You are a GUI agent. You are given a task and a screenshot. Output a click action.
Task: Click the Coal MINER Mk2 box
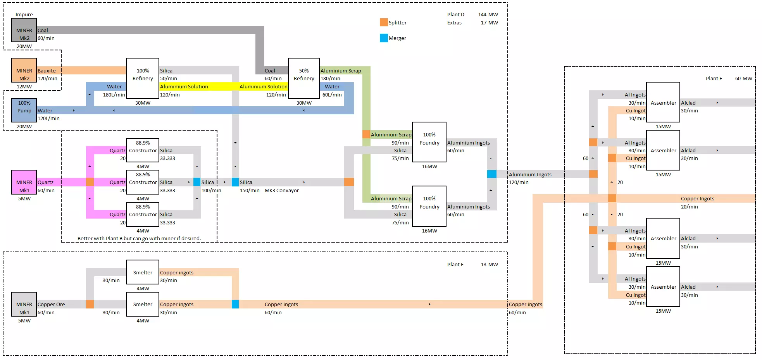click(x=24, y=30)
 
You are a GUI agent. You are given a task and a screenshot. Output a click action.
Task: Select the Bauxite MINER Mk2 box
click(x=24, y=70)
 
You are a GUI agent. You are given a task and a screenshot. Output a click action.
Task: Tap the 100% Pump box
click(x=24, y=110)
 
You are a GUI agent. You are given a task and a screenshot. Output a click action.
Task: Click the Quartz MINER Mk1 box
click(x=24, y=182)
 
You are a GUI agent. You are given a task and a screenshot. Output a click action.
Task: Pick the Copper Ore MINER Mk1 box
click(x=24, y=304)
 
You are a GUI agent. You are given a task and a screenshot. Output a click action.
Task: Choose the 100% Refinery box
click(x=143, y=78)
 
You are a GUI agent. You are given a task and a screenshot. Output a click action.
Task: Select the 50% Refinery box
click(x=304, y=78)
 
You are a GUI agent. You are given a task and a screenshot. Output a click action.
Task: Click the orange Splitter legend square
click(x=384, y=22)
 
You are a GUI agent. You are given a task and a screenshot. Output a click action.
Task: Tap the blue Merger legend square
click(x=384, y=38)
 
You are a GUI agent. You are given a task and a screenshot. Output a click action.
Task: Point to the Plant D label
click(x=455, y=15)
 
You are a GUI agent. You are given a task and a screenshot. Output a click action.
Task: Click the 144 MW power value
click(x=488, y=15)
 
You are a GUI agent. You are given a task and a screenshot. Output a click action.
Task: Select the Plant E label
click(x=455, y=265)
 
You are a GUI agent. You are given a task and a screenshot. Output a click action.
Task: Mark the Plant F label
click(x=714, y=79)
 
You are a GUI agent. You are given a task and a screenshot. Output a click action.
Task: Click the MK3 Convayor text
click(x=282, y=191)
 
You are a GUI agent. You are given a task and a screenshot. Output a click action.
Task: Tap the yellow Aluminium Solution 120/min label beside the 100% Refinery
click(x=184, y=87)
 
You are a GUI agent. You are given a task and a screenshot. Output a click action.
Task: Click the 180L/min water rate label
click(x=114, y=95)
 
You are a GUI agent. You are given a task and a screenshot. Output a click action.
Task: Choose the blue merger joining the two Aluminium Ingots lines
click(x=491, y=174)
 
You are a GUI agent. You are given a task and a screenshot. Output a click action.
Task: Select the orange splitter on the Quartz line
click(x=90, y=182)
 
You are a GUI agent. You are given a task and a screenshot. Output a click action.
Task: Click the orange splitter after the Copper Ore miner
click(x=90, y=304)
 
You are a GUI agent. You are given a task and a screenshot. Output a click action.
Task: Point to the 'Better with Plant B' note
click(x=139, y=239)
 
